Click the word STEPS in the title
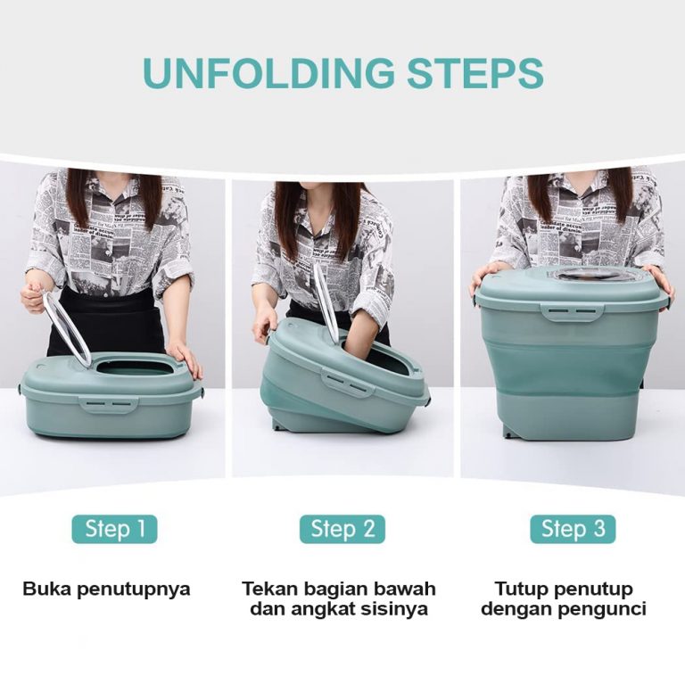(x=475, y=72)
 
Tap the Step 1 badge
(x=114, y=529)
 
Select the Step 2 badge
(x=342, y=529)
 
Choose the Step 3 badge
(x=573, y=529)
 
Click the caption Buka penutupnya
(x=106, y=589)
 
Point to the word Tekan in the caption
(x=269, y=588)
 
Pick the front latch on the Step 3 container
(x=573, y=312)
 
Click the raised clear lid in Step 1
(x=69, y=327)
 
